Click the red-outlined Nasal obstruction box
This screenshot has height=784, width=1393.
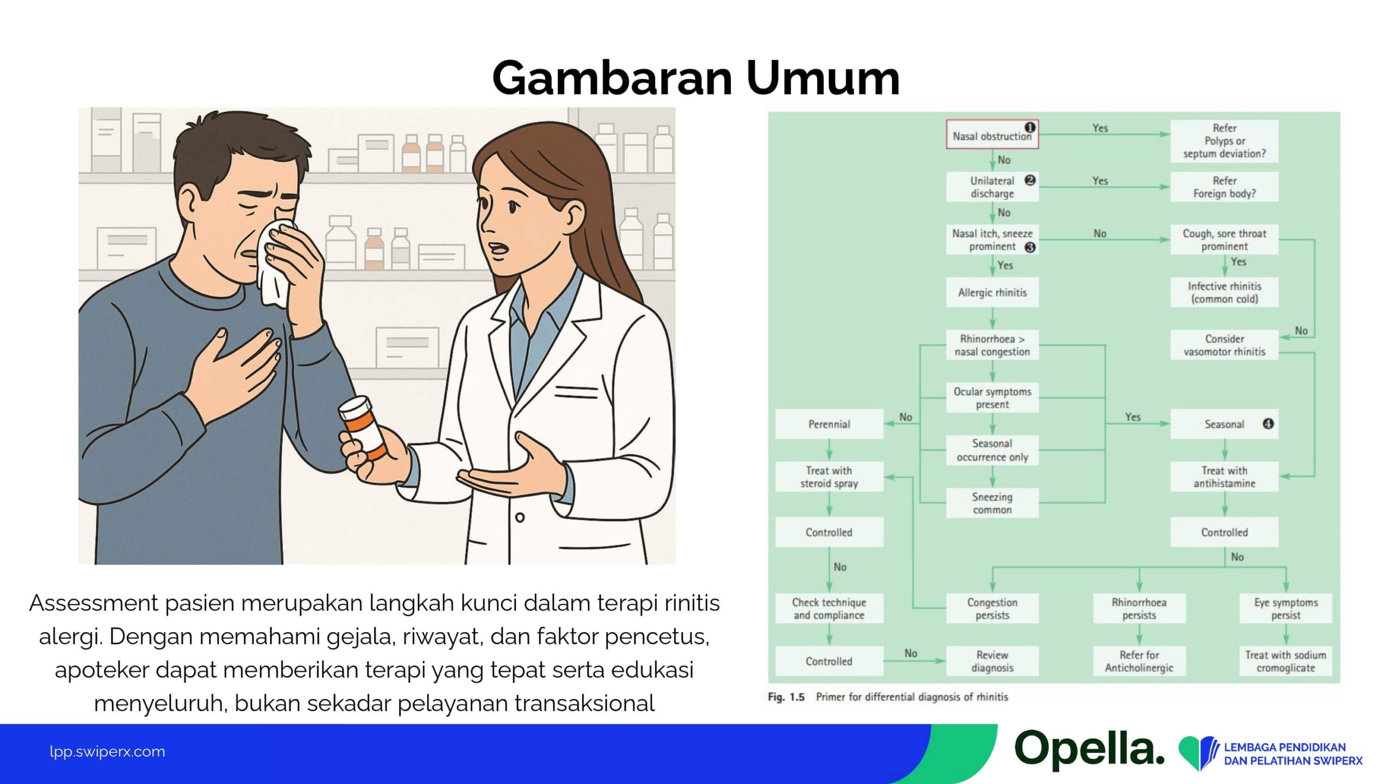992,134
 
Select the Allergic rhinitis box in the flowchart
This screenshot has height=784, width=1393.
992,292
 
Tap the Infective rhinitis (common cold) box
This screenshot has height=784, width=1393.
1224,292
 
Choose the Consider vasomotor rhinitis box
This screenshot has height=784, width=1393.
1224,345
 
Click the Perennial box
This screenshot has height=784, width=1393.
829,424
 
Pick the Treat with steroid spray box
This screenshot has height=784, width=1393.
829,477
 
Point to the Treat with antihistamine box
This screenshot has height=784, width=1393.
1224,477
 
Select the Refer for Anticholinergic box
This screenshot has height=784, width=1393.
1139,661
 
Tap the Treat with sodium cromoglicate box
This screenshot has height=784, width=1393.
1286,661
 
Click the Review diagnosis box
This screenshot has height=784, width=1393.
992,661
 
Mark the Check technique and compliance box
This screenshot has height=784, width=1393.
829,608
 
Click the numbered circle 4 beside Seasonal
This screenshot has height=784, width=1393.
1268,424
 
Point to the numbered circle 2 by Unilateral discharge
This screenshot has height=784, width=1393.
1030,180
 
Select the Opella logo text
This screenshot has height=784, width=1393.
1089,750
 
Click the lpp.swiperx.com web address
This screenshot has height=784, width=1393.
107,752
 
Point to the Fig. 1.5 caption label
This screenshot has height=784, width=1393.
786,697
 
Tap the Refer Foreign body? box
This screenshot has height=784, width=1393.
1224,187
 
